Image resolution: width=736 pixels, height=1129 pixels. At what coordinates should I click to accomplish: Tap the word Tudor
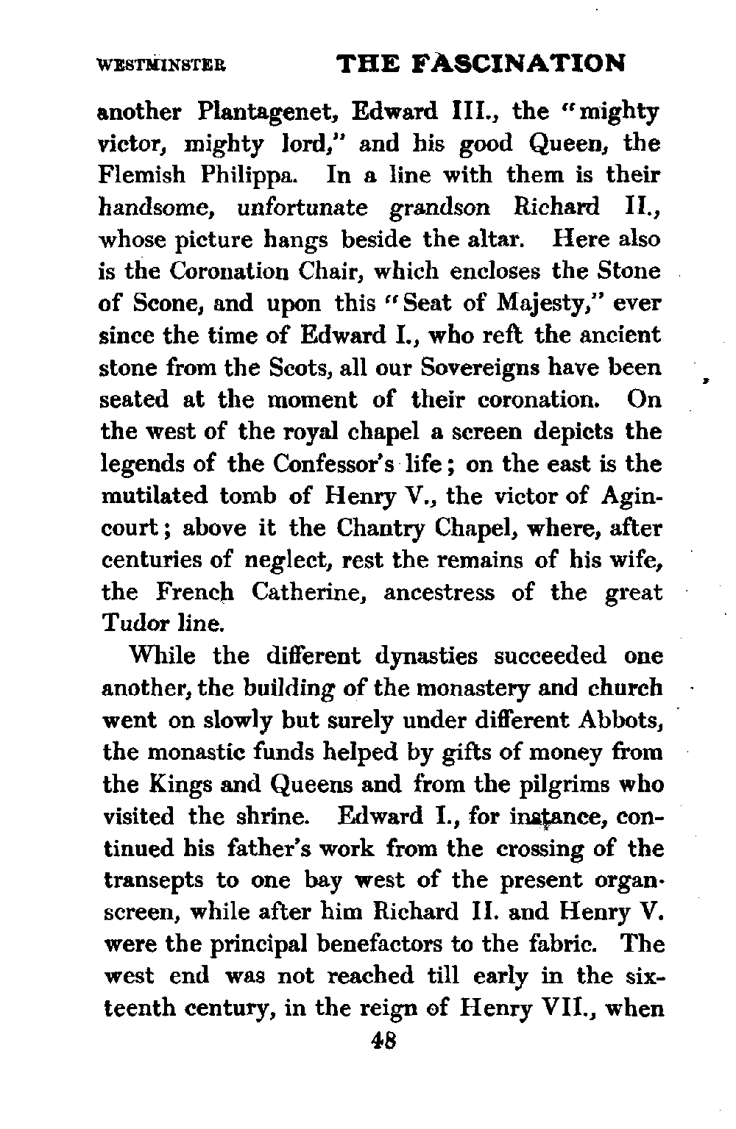[x=135, y=624]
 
